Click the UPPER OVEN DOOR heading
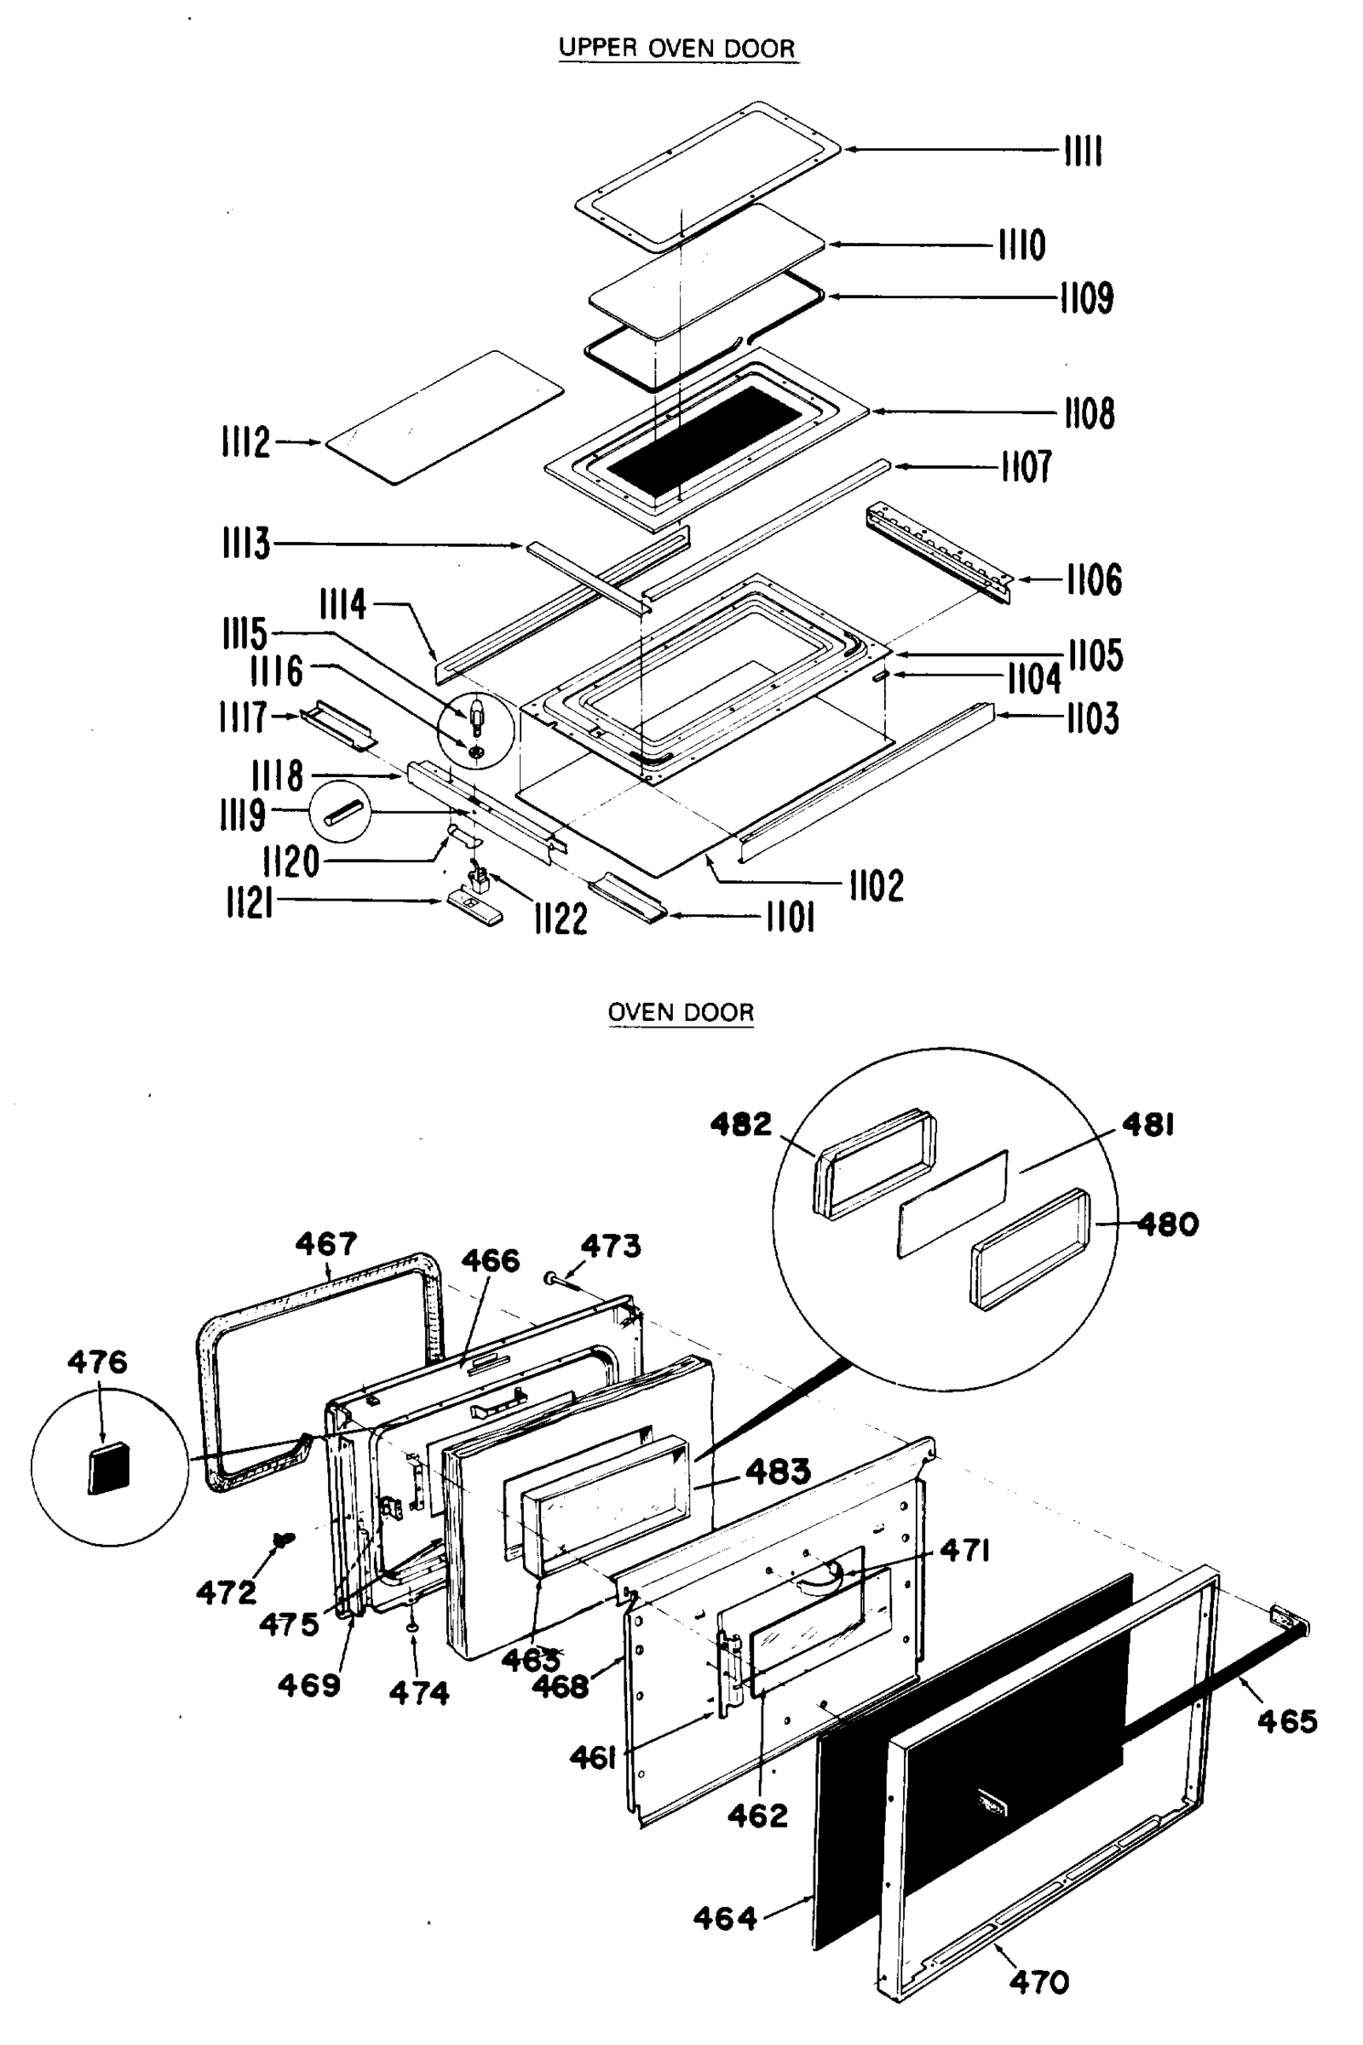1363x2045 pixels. pos(676,48)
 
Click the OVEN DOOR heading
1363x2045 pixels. pos(681,1012)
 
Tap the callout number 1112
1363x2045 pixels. pos(246,442)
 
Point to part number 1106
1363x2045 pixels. pos(1095,580)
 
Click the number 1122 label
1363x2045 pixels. pos(561,919)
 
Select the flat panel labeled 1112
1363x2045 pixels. pos(445,417)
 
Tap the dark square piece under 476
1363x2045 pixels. pos(110,1468)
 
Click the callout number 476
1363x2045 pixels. pos(97,1362)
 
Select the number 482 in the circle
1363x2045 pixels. pos(740,1124)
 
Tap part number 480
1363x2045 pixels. pos(1168,1225)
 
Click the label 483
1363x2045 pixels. pos(778,1472)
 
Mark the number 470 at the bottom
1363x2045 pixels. pos(1038,1983)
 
